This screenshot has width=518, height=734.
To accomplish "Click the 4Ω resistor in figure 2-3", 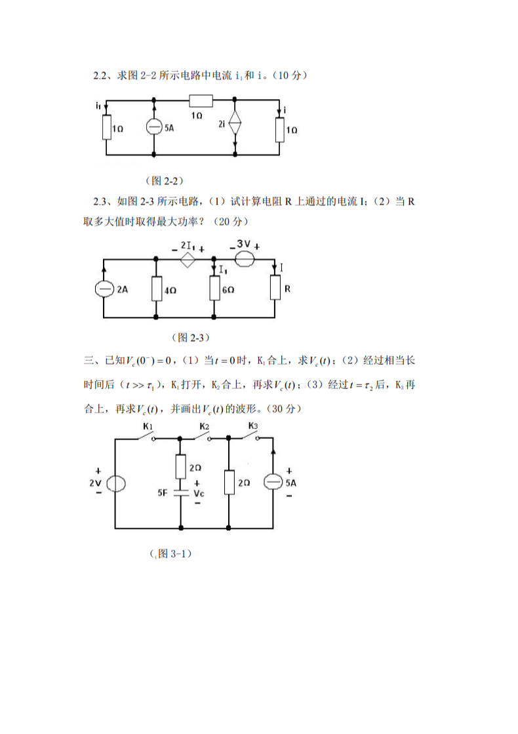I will (156, 289).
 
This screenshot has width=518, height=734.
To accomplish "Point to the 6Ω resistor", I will (214, 289).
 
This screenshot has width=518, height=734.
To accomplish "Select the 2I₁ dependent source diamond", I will (188, 260).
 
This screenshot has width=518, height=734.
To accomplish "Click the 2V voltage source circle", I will (116, 483).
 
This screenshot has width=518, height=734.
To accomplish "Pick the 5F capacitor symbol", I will (180, 491).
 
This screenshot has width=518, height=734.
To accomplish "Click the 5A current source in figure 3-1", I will (273, 483).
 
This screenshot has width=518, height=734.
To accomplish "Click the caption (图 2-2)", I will (163, 180).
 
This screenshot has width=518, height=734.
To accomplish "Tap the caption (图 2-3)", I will (189, 337).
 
